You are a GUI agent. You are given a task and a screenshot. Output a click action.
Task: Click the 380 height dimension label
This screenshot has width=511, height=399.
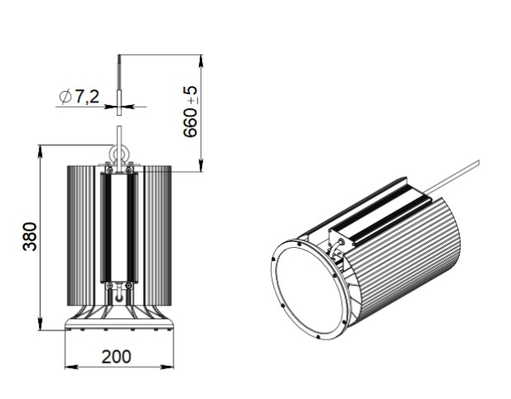[x=30, y=236]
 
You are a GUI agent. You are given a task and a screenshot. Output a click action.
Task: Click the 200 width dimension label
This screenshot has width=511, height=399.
[x=116, y=357]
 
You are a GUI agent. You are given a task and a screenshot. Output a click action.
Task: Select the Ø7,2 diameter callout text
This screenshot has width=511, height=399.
[x=79, y=97]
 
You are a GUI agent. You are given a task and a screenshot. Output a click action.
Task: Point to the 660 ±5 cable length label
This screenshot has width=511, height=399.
[x=191, y=112]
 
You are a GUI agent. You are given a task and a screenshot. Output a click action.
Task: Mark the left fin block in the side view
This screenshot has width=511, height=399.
[x=81, y=235]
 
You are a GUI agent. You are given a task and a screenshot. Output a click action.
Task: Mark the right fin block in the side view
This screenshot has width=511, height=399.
[x=158, y=235]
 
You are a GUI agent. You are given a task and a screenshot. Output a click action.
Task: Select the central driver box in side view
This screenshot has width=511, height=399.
[x=119, y=227]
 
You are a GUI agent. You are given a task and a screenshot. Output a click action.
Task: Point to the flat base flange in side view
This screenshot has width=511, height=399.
[x=119, y=324]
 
